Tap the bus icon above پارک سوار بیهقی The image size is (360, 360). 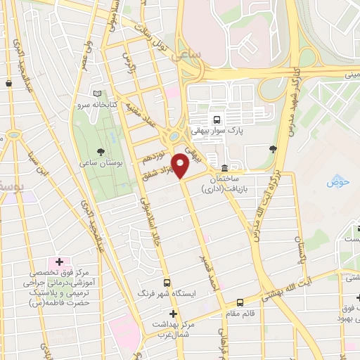tap(217, 119)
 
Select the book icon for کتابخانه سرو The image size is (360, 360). tap(97, 94)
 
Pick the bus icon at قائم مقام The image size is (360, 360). tap(240, 302)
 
